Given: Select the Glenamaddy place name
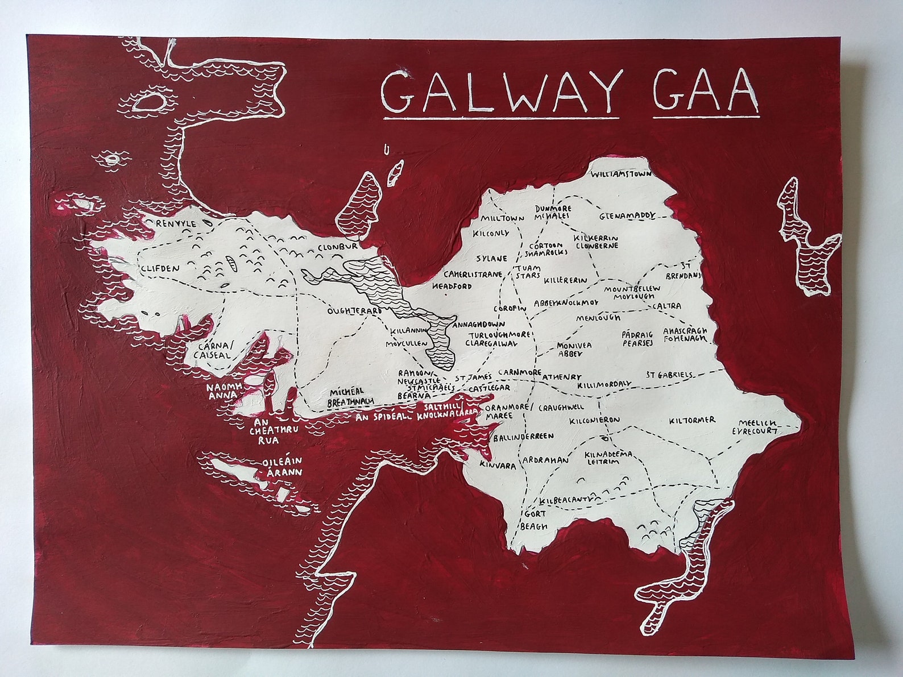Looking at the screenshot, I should [628, 217].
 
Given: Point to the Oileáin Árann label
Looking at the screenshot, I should [281, 467].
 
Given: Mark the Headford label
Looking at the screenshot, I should [452, 286].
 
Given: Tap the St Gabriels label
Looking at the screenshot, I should [669, 375].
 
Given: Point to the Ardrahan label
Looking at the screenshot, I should [545, 460].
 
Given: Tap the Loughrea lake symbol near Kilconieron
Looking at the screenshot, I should [604, 438].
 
